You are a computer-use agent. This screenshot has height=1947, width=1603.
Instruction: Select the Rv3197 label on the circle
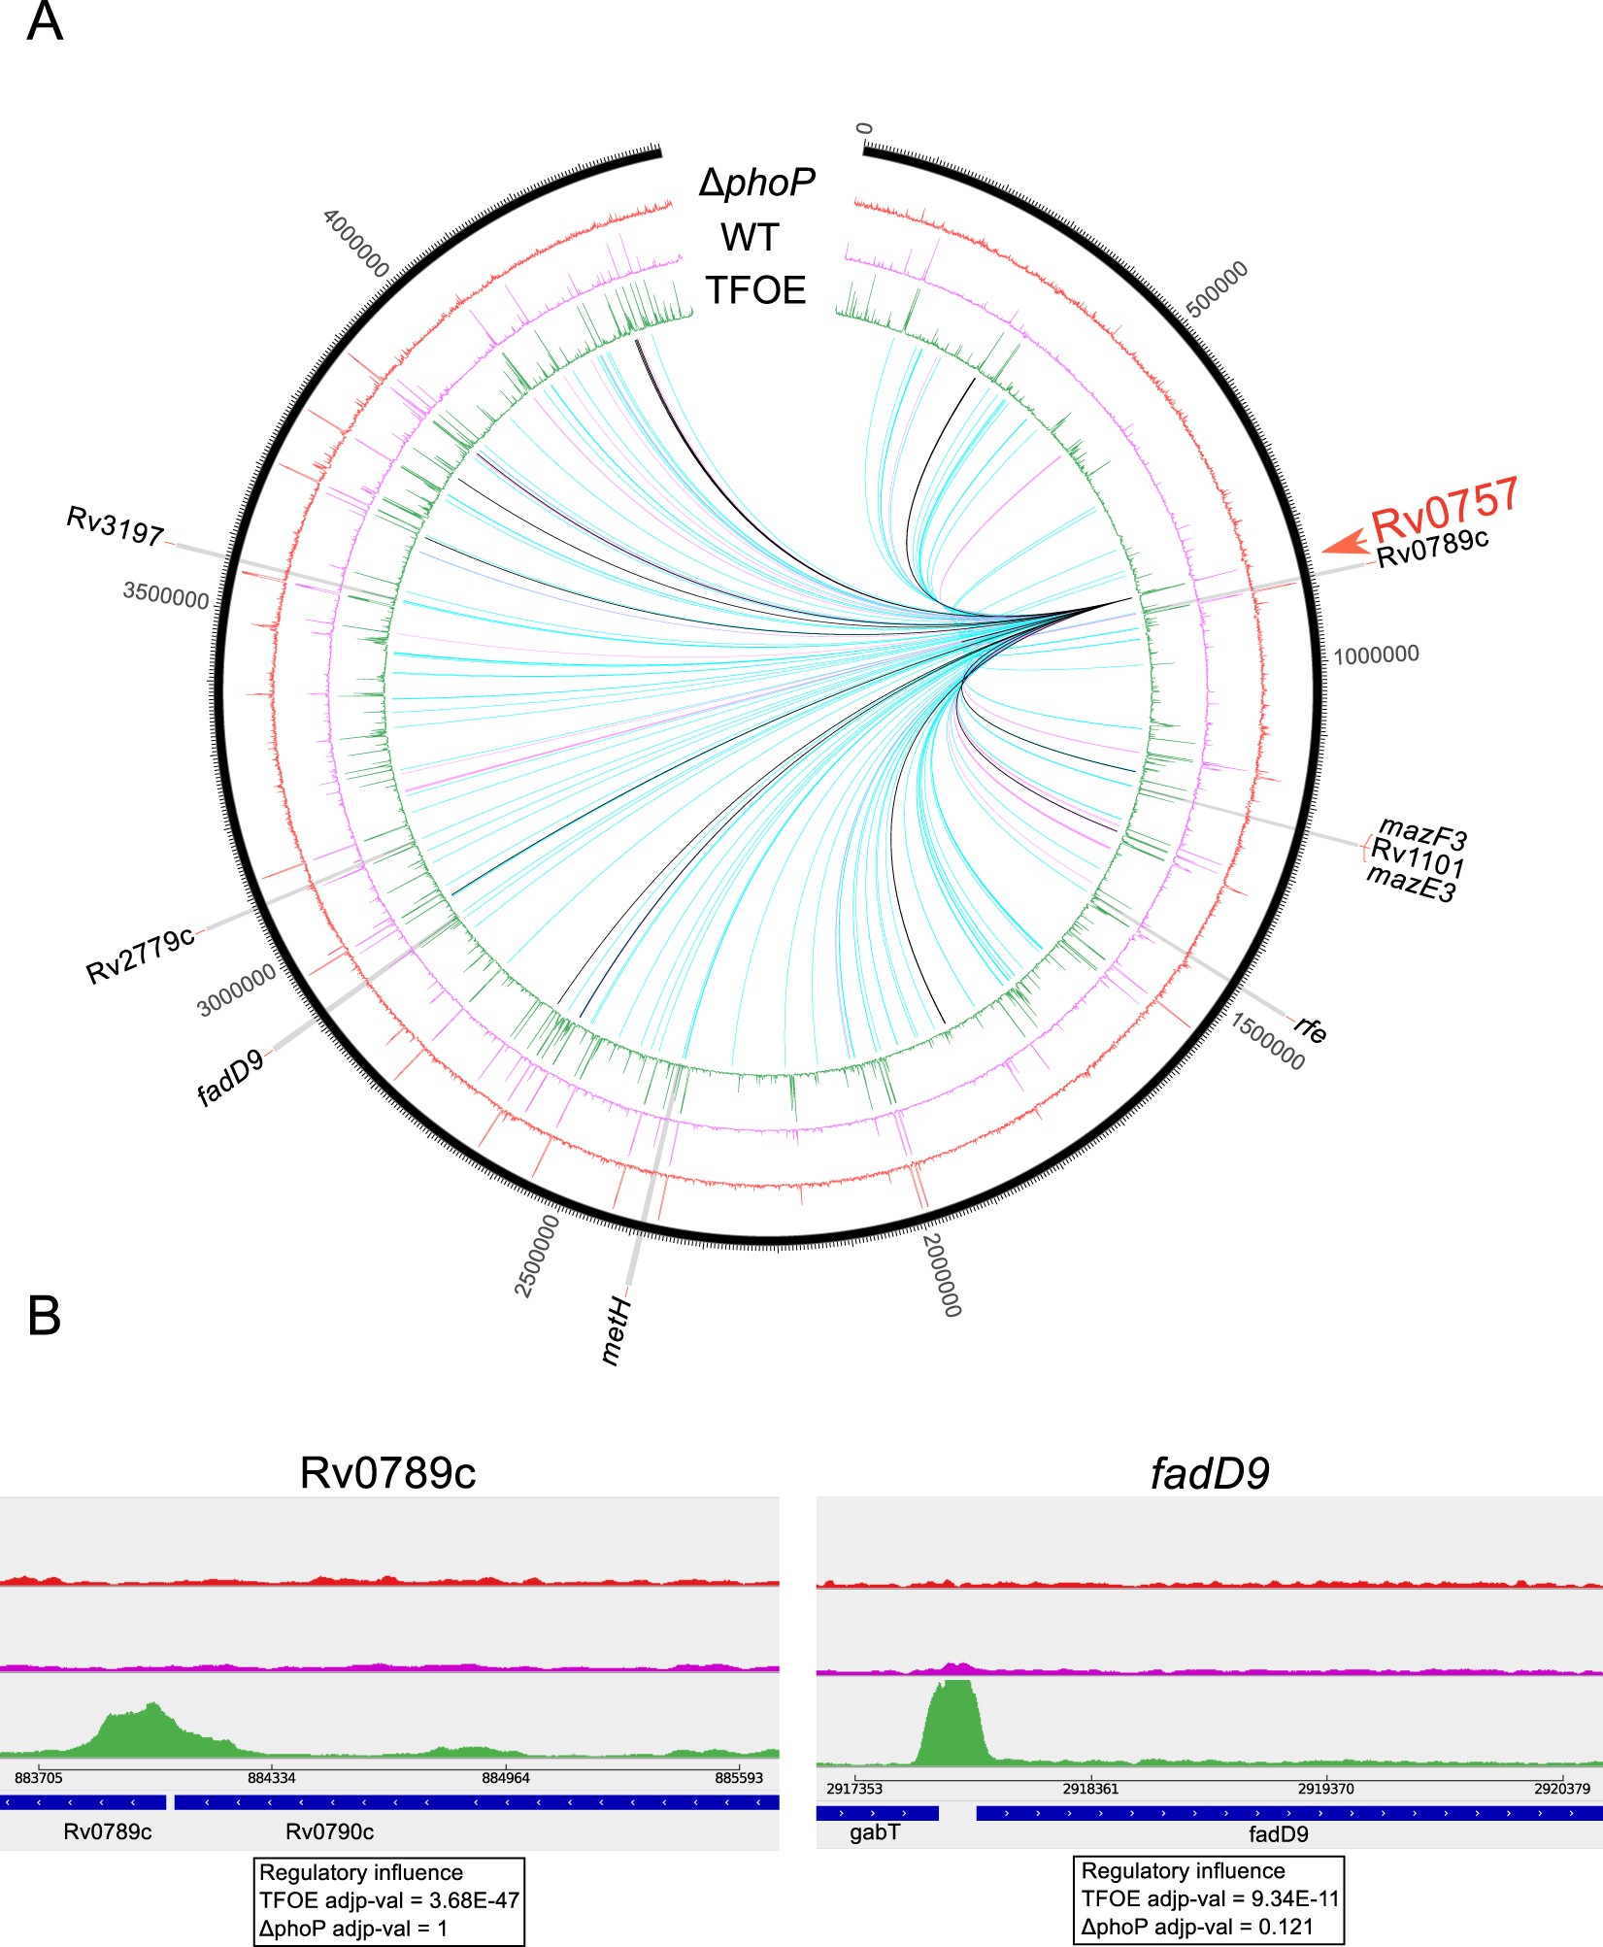coord(115,525)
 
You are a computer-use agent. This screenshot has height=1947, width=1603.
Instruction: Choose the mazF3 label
coord(1422,833)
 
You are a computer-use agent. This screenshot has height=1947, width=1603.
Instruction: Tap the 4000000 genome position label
coord(355,243)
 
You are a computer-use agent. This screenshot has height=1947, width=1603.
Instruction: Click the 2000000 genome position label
coord(941,1275)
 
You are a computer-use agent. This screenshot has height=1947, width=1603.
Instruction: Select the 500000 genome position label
coord(1218,288)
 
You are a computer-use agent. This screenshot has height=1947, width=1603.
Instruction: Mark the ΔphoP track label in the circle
coord(757,182)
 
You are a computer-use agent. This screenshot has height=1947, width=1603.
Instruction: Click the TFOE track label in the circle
coord(755,290)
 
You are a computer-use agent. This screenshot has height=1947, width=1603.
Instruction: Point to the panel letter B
coord(45,1317)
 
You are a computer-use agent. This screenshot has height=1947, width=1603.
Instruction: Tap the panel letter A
coord(45,21)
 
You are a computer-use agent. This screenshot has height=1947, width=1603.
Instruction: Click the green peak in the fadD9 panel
coord(952,1722)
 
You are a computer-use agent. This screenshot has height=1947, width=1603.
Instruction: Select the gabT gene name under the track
coord(875,1832)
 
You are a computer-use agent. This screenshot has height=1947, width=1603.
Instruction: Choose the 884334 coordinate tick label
coord(272,1778)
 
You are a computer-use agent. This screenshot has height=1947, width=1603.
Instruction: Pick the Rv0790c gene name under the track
coord(329,1831)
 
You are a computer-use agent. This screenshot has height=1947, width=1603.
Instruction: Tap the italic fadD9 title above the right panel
coord(1209,1474)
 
